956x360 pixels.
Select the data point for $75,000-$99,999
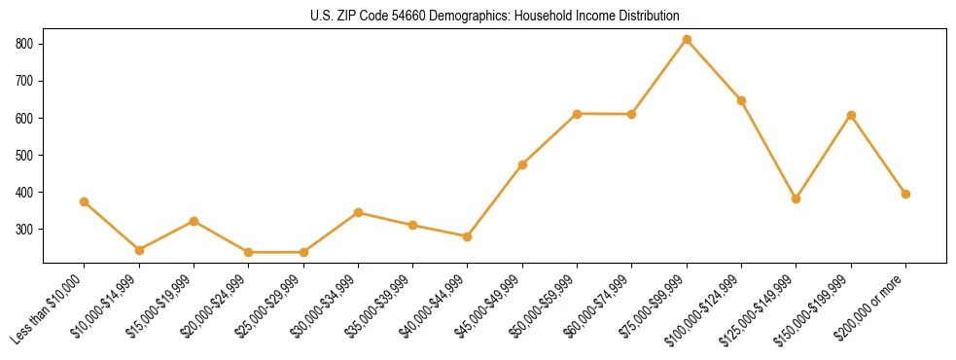[x=687, y=40]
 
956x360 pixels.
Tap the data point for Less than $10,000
[x=85, y=201]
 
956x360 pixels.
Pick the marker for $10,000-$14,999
[x=139, y=250]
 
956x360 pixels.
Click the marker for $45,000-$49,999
[x=522, y=164]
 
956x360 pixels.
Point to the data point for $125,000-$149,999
[x=796, y=198]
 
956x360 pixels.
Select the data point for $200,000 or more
[x=905, y=194]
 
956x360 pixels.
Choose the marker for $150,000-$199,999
[x=851, y=115]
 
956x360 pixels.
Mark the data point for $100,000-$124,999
[x=741, y=100]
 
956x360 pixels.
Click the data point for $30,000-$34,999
[x=358, y=212]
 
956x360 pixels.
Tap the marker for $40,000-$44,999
[x=468, y=236]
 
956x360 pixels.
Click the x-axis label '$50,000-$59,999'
[x=546, y=307]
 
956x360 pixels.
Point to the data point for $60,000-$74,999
[x=632, y=114]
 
